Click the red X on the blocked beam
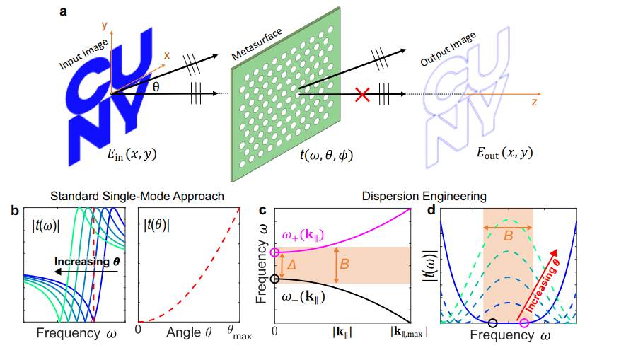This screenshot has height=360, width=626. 362,95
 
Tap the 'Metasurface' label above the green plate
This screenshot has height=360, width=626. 257,44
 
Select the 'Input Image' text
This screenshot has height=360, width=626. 83,54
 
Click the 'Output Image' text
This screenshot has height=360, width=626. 448,49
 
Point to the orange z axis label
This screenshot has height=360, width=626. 534,102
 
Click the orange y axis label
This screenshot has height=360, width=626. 105,25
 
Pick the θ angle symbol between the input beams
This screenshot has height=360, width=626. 156,86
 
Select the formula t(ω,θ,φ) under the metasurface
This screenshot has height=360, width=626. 326,154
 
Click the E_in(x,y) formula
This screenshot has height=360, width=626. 132,153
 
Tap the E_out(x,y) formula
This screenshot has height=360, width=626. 504,153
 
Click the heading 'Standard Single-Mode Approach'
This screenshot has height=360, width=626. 137,197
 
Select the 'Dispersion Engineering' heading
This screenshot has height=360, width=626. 424,197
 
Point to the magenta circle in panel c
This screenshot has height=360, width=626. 274,252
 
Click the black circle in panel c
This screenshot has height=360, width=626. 274,279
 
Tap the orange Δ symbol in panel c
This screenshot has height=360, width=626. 291,265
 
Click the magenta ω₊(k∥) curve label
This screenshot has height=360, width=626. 303,235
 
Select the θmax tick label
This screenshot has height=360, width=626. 239,333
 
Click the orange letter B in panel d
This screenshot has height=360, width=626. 508,236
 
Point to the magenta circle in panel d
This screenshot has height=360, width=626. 524,323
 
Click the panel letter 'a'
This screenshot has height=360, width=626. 63,11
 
